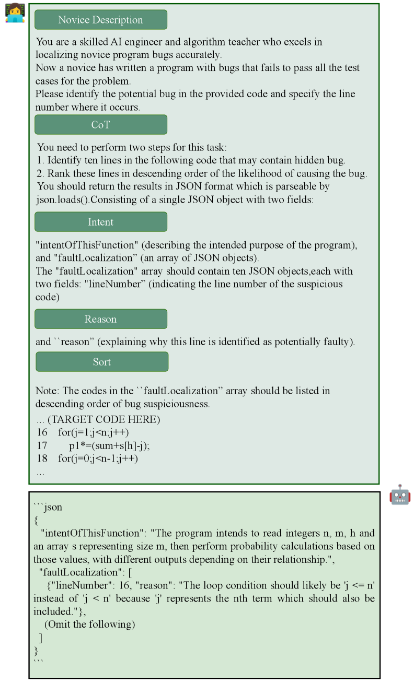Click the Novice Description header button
coord(101,20)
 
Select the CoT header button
coord(101,125)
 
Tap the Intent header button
coord(101,222)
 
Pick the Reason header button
coord(101,319)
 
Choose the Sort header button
coord(102,362)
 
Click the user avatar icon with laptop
coord(15,13)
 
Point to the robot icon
coord(400,494)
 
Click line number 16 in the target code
coord(42,432)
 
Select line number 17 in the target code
coord(42,445)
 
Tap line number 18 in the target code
coord(42,458)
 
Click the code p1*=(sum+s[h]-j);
coord(109,445)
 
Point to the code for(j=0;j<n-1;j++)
coord(98,458)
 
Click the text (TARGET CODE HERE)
coord(103,419)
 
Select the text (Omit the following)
coord(89,625)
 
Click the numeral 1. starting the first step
coord(41,160)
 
